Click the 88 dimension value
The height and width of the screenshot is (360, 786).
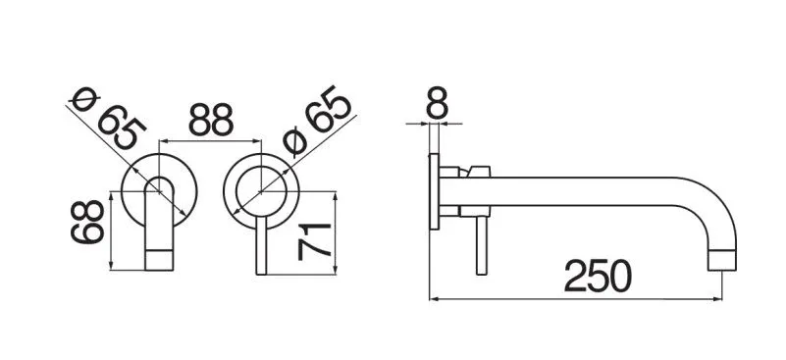[211, 120]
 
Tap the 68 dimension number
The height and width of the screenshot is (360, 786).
[87, 222]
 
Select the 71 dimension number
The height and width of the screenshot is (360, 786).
[314, 242]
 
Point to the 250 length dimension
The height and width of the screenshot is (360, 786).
[598, 276]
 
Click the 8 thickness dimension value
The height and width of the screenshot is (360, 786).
[437, 103]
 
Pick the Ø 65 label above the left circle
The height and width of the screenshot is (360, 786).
[108, 119]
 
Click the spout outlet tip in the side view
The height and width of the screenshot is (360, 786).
[722, 260]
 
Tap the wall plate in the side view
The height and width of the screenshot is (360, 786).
[434, 191]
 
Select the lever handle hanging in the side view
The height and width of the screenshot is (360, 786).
[481, 245]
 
